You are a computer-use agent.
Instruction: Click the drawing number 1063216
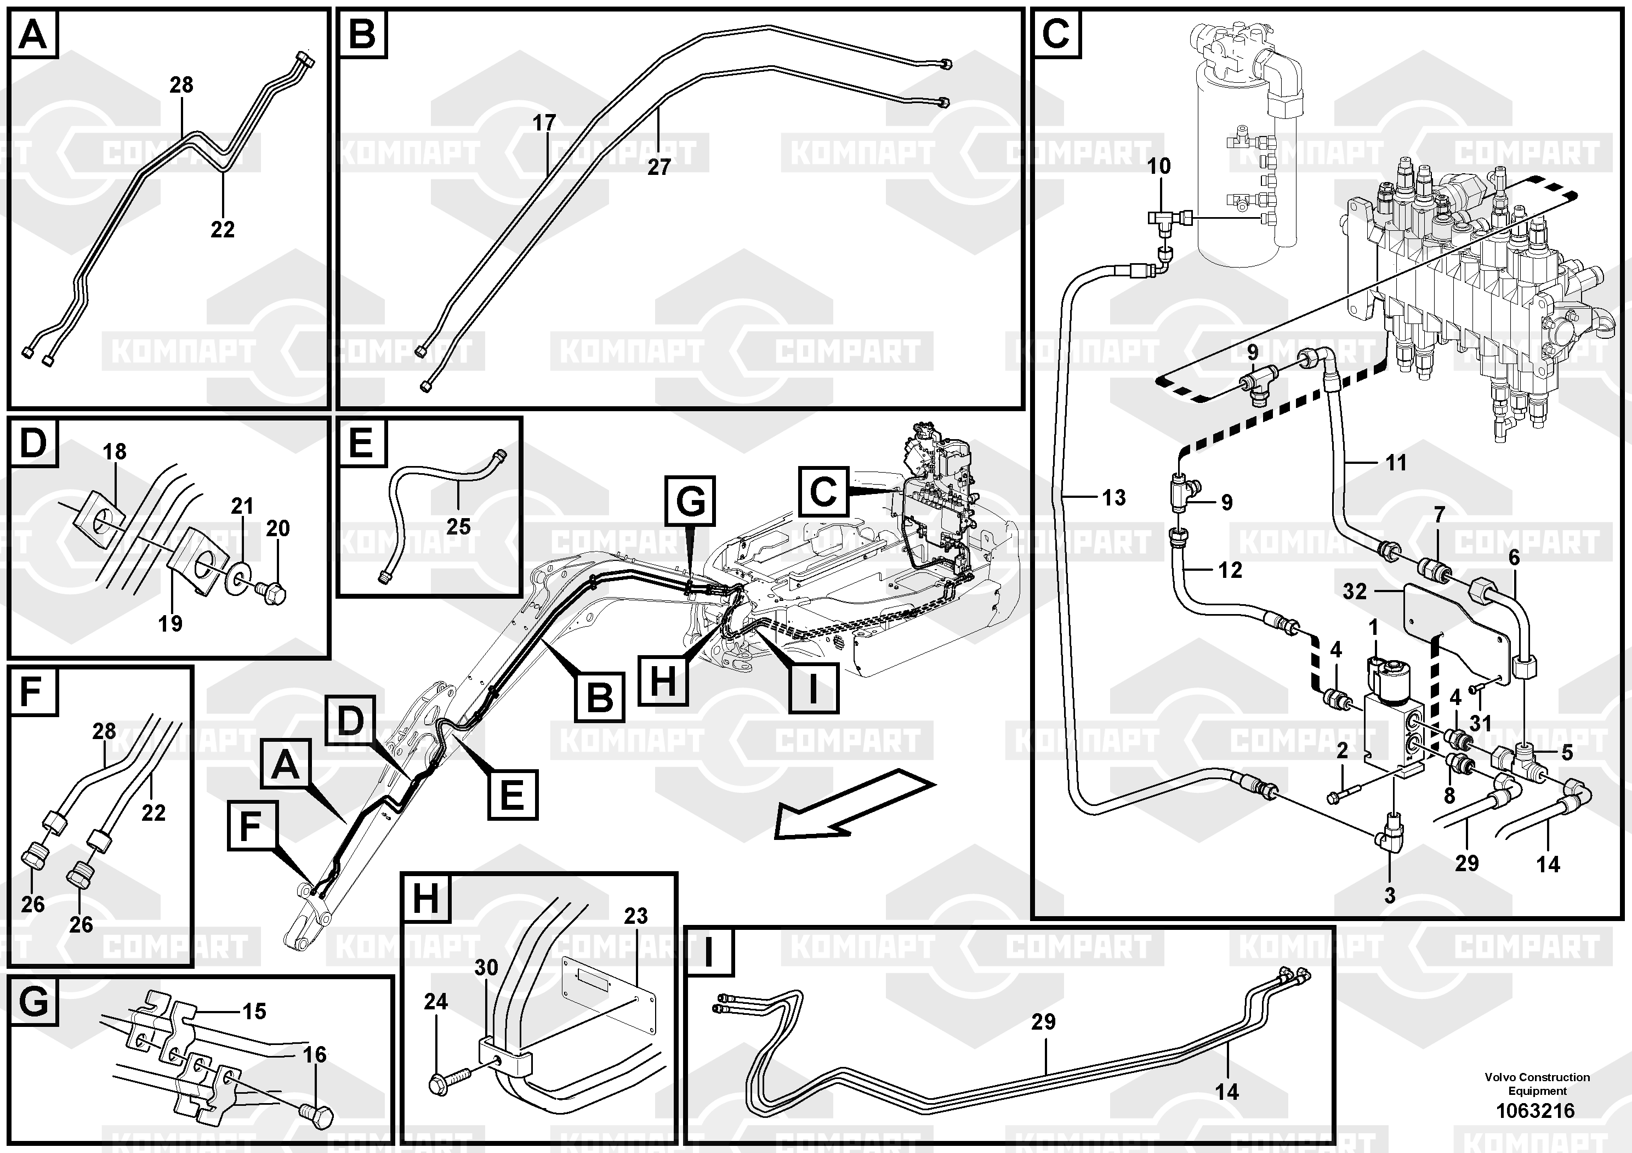(x=1536, y=1110)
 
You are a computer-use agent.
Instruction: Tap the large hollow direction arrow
(x=853, y=805)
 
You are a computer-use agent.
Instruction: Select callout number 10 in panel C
(x=1159, y=166)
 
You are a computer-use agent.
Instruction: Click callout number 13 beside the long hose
(x=1114, y=498)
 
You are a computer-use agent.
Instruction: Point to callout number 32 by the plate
(x=1355, y=592)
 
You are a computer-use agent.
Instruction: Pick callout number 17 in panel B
(x=544, y=123)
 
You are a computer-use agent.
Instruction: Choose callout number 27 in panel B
(x=659, y=167)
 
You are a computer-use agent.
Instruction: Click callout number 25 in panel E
(x=458, y=527)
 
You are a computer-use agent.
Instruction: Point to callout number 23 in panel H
(x=635, y=916)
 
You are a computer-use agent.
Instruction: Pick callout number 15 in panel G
(x=254, y=1012)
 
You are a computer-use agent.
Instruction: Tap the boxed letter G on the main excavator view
(x=690, y=501)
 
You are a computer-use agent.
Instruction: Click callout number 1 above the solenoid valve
(x=1373, y=628)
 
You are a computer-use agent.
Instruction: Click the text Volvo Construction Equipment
(x=1537, y=1084)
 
